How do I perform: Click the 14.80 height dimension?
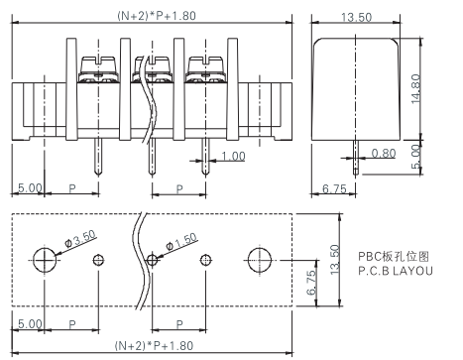416,88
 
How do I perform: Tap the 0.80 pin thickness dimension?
384,153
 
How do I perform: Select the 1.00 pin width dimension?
233,156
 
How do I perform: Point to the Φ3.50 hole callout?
80,239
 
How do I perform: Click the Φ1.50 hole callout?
181,242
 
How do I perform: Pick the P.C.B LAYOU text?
396,271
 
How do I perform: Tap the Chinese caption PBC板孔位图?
394,256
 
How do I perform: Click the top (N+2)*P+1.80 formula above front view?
157,16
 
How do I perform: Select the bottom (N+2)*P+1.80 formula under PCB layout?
154,346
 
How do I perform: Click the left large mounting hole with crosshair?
45,261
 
